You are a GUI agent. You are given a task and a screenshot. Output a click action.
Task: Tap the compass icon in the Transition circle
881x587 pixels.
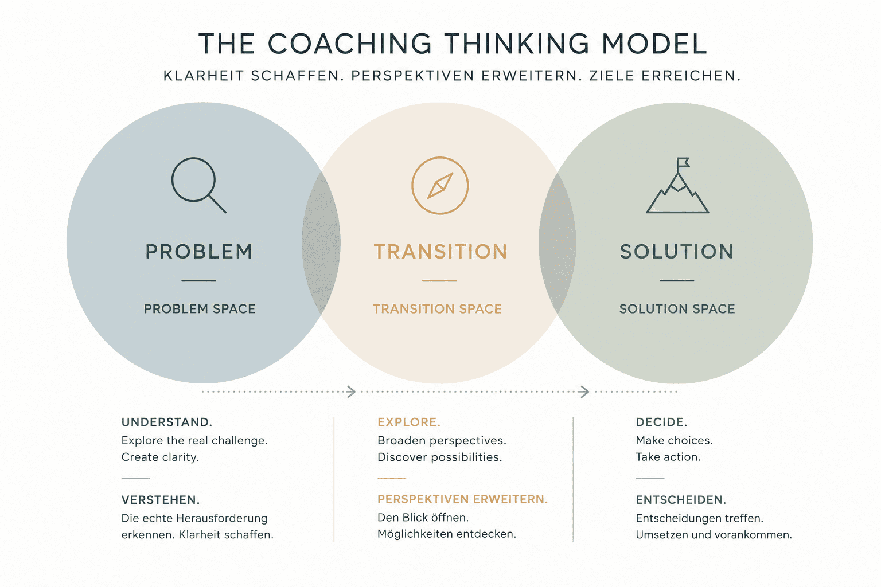pyautogui.click(x=440, y=186)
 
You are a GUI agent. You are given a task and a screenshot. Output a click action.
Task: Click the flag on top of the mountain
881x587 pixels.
pyautogui.click(x=683, y=162)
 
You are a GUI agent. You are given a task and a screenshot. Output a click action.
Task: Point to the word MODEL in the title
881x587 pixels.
pyautogui.click(x=654, y=44)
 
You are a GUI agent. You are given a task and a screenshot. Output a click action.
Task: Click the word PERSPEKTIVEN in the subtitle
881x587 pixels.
pyautogui.click(x=412, y=76)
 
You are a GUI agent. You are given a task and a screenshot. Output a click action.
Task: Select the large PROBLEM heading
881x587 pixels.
pyautogui.click(x=199, y=252)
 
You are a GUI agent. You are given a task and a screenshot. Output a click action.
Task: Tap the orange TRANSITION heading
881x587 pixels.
pyautogui.click(x=440, y=252)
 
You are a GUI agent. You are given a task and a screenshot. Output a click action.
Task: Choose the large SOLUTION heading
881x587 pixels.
pyautogui.click(x=677, y=252)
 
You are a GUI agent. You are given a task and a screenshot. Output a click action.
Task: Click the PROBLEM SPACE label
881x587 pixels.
pyautogui.click(x=200, y=308)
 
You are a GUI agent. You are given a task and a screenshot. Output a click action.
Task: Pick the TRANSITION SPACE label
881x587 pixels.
pyautogui.click(x=438, y=308)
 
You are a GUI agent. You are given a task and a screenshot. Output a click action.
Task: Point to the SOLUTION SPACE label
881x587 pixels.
pyautogui.click(x=677, y=308)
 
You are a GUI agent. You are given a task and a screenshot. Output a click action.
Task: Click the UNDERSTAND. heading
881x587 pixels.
pyautogui.click(x=167, y=422)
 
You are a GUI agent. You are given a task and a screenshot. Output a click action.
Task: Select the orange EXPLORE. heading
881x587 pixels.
pyautogui.click(x=409, y=422)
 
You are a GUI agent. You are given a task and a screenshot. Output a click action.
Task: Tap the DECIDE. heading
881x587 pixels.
pyautogui.click(x=661, y=422)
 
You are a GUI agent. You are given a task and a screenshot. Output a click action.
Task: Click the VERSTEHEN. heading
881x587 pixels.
pyautogui.click(x=161, y=500)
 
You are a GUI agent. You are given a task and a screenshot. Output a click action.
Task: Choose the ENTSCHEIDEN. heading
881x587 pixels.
pyautogui.click(x=681, y=500)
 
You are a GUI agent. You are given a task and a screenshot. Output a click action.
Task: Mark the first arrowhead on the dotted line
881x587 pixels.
pyautogui.click(x=352, y=392)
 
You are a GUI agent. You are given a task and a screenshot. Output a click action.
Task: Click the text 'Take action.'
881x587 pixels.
pyautogui.click(x=668, y=457)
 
